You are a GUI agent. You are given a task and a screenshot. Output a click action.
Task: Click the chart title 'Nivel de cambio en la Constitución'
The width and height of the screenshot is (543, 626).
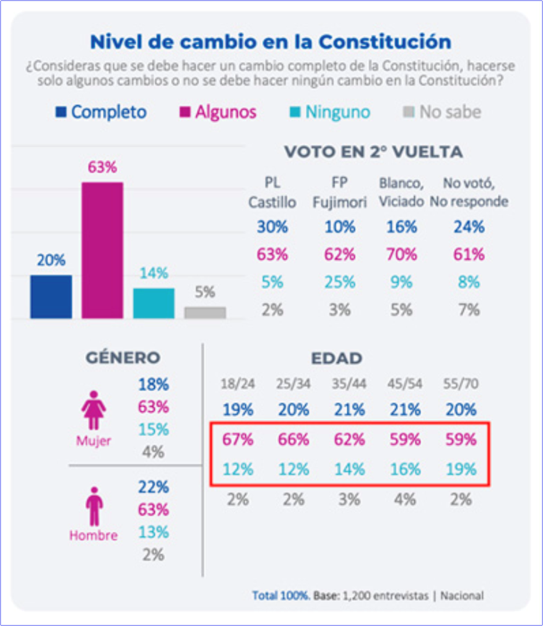pyautogui.click(x=271, y=42)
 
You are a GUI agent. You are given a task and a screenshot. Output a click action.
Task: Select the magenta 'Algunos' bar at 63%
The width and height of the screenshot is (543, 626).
pyautogui.click(x=102, y=250)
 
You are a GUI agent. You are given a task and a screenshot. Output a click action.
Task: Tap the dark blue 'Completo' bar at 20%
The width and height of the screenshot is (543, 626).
pyautogui.click(x=51, y=297)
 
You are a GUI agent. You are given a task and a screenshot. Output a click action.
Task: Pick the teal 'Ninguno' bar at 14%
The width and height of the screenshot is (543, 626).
pyautogui.click(x=154, y=303)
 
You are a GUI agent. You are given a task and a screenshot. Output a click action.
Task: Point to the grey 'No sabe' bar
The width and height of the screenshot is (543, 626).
pyautogui.click(x=205, y=312)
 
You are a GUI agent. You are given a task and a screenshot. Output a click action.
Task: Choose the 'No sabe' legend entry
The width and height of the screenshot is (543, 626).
pyautogui.click(x=441, y=112)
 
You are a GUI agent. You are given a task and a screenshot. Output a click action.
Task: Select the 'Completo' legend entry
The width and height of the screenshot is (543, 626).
pyautogui.click(x=101, y=112)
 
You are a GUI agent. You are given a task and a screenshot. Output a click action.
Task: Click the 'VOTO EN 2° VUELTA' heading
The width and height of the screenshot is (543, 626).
pyautogui.click(x=373, y=152)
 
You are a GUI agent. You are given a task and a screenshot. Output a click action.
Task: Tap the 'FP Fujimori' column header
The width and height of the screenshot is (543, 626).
pyautogui.click(x=339, y=192)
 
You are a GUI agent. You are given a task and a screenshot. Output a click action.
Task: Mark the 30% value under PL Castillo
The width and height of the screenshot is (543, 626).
pyautogui.click(x=272, y=227)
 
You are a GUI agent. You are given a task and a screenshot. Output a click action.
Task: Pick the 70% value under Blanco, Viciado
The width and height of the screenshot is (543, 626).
pyautogui.click(x=402, y=254)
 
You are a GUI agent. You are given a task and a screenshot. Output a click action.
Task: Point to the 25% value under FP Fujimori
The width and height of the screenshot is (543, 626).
pyautogui.click(x=340, y=282)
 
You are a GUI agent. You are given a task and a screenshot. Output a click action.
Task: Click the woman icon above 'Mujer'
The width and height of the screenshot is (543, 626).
pyautogui.click(x=93, y=409)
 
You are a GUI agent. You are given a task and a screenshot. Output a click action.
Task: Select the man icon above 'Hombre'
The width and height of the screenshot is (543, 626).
pyautogui.click(x=93, y=506)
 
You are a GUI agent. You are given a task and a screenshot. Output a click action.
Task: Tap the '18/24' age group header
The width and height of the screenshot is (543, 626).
pyautogui.click(x=237, y=384)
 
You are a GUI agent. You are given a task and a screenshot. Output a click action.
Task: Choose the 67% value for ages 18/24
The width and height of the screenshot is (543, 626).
pyautogui.click(x=238, y=440)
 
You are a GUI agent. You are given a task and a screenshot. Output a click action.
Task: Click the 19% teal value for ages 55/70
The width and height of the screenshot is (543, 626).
pyautogui.click(x=461, y=469)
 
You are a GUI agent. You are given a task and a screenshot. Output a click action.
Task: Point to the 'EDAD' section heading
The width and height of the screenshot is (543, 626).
pyautogui.click(x=337, y=358)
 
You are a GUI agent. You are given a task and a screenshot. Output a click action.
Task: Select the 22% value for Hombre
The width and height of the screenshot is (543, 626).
pyautogui.click(x=154, y=487)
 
